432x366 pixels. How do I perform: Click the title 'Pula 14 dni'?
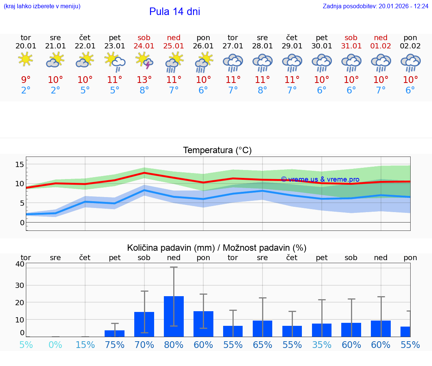pyautogui.click(x=174, y=12)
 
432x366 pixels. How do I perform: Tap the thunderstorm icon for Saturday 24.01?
pyautogui.click(x=144, y=61)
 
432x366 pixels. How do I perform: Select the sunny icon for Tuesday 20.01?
pyautogui.click(x=25, y=60)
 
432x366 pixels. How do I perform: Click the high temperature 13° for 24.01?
pyautogui.click(x=144, y=80)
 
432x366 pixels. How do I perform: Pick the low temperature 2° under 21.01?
pyautogui.click(x=55, y=90)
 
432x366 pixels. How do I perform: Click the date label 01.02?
pyautogui.click(x=381, y=46)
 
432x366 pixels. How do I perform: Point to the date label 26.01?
pyautogui.click(x=203, y=46)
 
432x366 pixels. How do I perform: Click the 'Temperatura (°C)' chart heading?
pyautogui.click(x=217, y=151)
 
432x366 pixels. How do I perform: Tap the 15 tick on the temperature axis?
pyautogui.click(x=19, y=164)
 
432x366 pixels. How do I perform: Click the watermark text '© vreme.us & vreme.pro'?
pyautogui.click(x=320, y=179)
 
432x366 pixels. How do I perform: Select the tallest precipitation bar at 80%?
pyautogui.click(x=174, y=316)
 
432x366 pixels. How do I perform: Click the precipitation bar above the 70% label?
pyautogui.click(x=144, y=324)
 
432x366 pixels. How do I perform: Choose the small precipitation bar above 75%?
pyautogui.click(x=115, y=333)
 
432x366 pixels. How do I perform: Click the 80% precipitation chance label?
pyautogui.click(x=174, y=345)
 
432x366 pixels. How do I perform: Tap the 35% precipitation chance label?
pyautogui.click(x=322, y=345)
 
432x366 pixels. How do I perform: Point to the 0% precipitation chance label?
pyautogui.click(x=55, y=345)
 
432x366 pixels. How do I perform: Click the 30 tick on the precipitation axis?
pyautogui.click(x=19, y=285)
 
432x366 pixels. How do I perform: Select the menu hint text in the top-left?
pyautogui.click(x=42, y=6)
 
